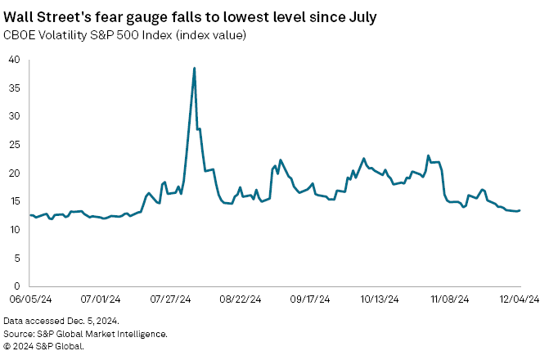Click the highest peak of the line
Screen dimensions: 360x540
(x=194, y=68)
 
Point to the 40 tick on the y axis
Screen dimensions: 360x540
(x=15, y=60)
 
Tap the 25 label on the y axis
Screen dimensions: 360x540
(x=15, y=145)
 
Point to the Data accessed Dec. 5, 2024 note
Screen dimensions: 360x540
(x=61, y=322)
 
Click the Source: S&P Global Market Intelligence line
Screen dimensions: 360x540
(x=85, y=334)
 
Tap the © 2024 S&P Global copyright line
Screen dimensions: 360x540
(x=43, y=346)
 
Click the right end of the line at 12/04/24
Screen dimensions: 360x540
(x=520, y=210)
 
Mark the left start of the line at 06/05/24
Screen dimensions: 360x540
(x=29, y=215)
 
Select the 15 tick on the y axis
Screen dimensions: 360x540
(x=15, y=201)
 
